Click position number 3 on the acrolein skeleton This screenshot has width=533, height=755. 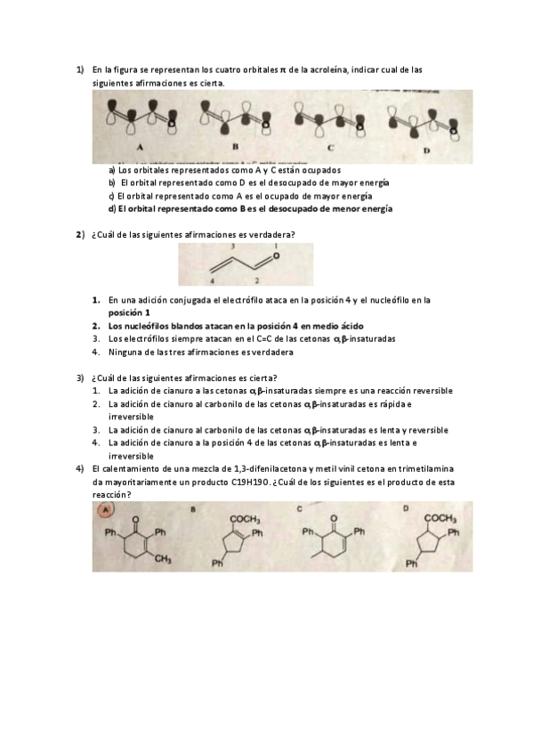[232, 245]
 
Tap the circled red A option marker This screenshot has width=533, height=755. [105, 509]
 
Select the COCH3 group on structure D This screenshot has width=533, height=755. [440, 517]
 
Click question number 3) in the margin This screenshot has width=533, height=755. [80, 377]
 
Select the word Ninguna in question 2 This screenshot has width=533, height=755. [125, 352]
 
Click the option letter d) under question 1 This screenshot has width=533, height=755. [112, 209]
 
